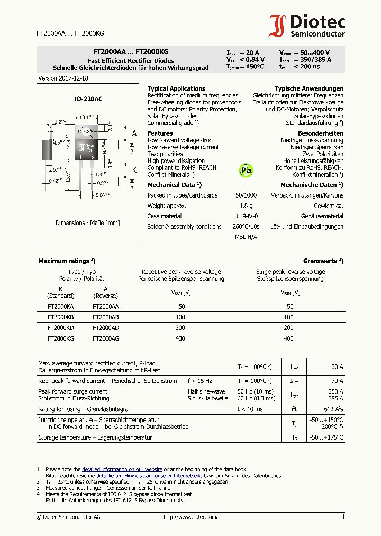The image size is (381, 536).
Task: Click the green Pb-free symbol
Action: coord(246,169)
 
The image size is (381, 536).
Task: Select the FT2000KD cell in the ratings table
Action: coord(60,327)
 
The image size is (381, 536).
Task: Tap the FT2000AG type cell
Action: coord(106,338)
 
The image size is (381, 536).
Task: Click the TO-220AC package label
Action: coord(88,99)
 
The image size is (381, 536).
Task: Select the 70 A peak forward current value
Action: coord(337,381)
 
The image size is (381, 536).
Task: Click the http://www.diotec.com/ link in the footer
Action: coord(190,517)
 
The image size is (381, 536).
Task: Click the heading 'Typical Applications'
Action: coord(176,88)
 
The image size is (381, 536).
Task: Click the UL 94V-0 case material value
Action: coord(246,216)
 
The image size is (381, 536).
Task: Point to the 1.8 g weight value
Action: coord(246,206)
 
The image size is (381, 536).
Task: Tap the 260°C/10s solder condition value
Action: coord(246,226)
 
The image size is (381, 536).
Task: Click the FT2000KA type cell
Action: coord(60,306)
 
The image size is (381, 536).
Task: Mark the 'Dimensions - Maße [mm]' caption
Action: coord(88,223)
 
